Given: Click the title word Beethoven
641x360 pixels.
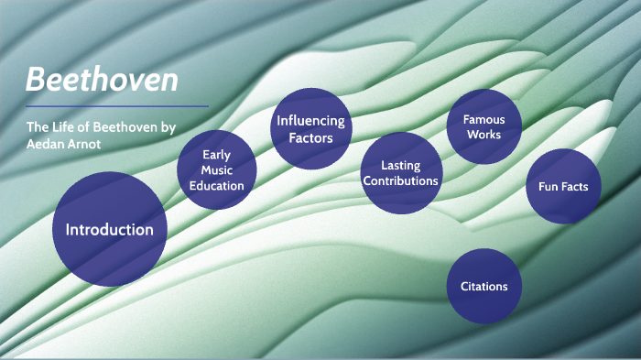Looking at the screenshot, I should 102,80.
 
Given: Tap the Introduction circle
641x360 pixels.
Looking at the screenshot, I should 109,229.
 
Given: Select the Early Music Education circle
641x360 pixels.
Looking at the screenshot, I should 216,169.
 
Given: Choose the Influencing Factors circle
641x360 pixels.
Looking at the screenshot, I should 310,129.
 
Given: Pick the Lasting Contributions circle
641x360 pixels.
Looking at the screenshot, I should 400,173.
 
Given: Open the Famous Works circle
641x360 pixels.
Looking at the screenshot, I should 483,126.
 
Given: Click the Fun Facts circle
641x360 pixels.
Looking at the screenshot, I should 563,187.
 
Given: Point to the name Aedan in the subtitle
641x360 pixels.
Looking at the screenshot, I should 47,145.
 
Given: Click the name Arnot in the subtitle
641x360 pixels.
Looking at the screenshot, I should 91,145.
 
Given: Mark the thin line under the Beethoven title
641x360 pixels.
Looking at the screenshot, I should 117,106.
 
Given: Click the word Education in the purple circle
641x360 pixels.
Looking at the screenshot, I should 216,186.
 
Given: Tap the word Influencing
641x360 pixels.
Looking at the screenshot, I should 310,121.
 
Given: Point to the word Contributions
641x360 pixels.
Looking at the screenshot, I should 400,181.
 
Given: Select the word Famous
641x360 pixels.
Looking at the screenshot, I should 483,119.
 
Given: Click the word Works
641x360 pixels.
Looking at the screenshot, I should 483,135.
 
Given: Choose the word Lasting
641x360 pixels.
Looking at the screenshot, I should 400,165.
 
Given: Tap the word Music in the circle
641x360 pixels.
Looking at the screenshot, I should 216,170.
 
